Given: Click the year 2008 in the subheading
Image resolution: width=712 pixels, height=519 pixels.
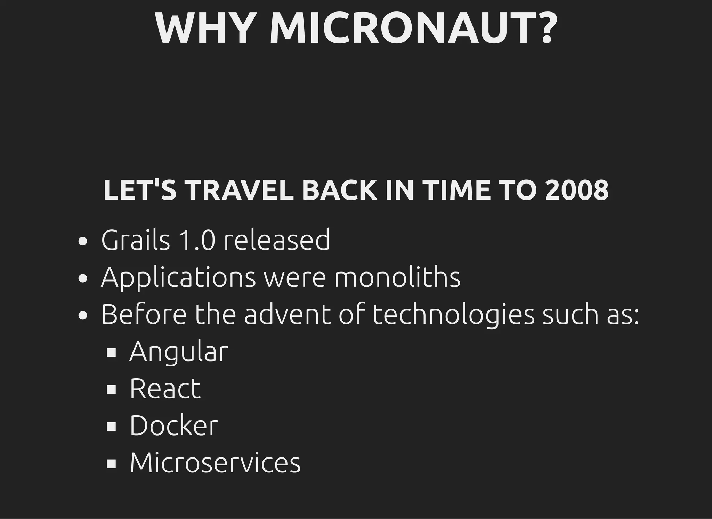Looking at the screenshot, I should click(x=577, y=190).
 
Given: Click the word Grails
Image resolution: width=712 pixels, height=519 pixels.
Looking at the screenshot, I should click(x=136, y=240).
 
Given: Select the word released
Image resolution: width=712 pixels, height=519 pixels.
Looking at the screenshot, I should click(x=277, y=240).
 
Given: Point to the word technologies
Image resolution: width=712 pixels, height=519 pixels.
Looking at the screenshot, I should click(x=453, y=315).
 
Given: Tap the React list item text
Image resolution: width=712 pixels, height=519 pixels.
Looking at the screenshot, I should click(x=165, y=389).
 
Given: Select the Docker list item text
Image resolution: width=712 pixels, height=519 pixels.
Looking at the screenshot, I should click(x=174, y=425).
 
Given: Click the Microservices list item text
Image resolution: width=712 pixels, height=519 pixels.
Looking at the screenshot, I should click(x=215, y=463).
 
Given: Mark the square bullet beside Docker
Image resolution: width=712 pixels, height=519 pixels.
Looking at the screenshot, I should click(x=111, y=426).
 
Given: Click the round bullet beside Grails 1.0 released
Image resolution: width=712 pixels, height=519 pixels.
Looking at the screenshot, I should click(x=83, y=241).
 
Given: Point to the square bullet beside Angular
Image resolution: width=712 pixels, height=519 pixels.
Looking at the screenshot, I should click(x=111, y=352).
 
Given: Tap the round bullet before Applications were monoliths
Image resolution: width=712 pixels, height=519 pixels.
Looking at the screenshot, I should click(x=83, y=278).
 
